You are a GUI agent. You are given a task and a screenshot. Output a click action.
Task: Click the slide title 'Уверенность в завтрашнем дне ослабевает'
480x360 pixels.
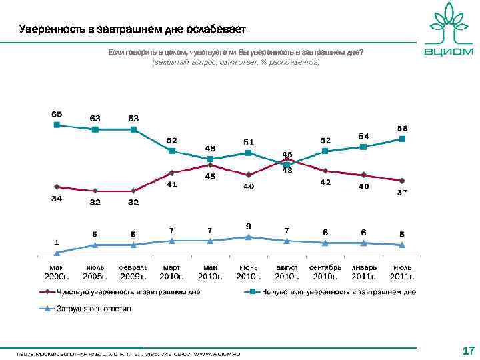133,30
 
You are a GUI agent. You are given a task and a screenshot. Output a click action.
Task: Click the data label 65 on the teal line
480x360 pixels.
57,114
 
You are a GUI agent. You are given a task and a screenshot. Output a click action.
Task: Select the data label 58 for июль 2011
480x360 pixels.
403,128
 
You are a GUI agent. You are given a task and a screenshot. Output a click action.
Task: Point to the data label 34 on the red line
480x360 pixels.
57,199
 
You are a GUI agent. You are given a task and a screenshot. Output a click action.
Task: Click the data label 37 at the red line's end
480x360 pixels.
403,193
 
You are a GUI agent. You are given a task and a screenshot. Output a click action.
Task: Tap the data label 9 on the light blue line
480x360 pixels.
249,225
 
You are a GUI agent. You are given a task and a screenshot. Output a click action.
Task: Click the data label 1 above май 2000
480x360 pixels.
57,242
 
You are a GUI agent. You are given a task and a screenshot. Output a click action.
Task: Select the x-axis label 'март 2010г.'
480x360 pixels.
171,272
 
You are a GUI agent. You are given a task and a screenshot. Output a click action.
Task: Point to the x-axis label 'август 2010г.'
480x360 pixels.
287,272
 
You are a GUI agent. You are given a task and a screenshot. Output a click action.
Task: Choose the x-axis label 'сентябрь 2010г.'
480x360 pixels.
325,272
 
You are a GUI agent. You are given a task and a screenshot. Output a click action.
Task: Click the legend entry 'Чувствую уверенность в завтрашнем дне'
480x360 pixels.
127,291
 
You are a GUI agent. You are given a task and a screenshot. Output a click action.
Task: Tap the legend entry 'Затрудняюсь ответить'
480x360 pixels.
93,309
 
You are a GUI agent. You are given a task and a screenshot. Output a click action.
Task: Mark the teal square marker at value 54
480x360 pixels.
364,147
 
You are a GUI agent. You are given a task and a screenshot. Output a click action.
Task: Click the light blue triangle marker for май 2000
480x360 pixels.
57,253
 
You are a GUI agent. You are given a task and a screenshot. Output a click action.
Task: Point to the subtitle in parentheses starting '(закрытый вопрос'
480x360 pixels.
236,62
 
